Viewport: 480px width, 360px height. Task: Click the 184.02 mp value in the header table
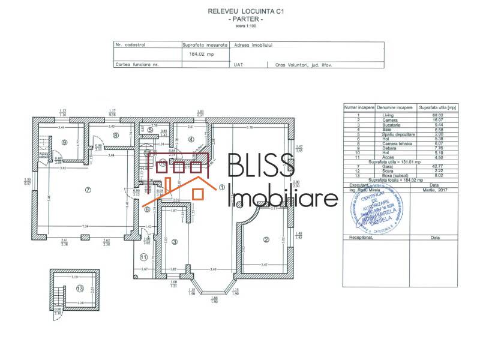tap(202, 54)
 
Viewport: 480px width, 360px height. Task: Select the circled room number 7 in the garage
tap(88, 190)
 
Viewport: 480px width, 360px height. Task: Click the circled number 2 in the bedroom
tap(265, 240)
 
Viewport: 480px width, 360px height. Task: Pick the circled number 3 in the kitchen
tap(175, 242)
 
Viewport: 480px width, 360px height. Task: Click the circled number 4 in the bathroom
tap(191, 139)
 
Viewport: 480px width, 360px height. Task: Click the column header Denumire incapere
tap(394, 107)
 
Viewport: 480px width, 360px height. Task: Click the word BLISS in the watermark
tap(260, 166)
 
